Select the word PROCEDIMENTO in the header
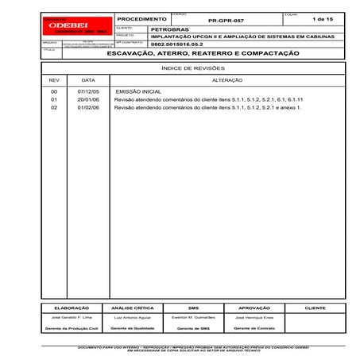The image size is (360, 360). pos(141,17)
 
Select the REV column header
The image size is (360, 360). pos(54,81)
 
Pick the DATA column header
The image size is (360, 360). pos(88,81)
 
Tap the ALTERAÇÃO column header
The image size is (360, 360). pos(223,81)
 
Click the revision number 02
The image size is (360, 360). pos(54,106)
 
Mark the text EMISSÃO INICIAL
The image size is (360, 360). pos(139,92)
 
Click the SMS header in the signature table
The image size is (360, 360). pos(193,307)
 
